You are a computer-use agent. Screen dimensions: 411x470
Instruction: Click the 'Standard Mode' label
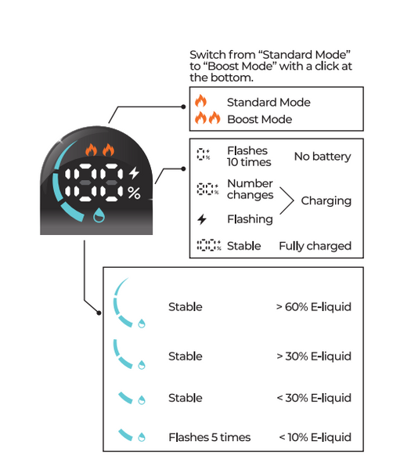click(269, 103)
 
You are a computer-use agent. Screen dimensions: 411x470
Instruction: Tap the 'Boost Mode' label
click(259, 119)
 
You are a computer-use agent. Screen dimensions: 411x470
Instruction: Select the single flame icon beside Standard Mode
click(200, 101)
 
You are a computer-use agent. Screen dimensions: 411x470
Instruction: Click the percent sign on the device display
click(134, 193)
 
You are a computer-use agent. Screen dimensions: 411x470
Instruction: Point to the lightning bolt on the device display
click(134, 172)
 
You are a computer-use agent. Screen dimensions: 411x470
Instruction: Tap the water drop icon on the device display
click(99, 215)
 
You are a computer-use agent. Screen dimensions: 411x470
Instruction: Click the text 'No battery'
click(323, 157)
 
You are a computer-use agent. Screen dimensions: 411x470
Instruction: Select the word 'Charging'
click(326, 201)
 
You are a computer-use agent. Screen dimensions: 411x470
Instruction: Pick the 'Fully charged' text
click(315, 246)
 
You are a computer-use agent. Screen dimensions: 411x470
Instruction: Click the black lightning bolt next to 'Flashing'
click(202, 219)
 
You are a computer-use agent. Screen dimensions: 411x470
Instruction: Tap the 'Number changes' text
click(251, 189)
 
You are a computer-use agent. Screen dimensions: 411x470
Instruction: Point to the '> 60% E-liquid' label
click(314, 307)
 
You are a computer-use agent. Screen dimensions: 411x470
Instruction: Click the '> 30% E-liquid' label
click(314, 356)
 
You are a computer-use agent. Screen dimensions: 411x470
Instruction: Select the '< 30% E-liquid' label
click(314, 398)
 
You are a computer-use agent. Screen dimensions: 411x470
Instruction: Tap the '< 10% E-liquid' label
click(315, 437)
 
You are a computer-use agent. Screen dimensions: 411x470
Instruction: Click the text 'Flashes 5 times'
click(209, 437)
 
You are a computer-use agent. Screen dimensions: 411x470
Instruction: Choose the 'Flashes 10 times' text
click(249, 157)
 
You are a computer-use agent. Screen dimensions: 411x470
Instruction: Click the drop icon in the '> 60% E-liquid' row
click(142, 324)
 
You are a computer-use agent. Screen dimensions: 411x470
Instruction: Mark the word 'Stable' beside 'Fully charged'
click(243, 246)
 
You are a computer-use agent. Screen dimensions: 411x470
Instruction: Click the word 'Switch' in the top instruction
click(207, 55)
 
